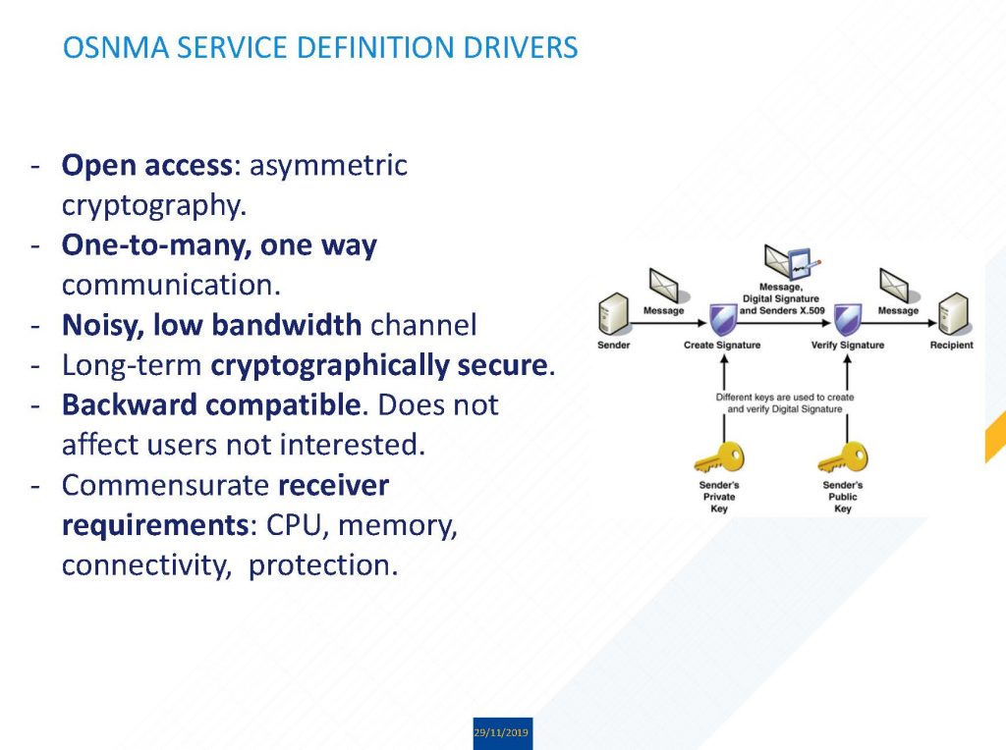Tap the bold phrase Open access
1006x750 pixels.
pyautogui.click(x=145, y=165)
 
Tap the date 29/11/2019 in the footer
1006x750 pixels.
pyautogui.click(x=502, y=733)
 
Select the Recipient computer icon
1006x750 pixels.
pyautogui.click(x=952, y=314)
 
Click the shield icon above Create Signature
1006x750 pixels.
pyautogui.click(x=722, y=320)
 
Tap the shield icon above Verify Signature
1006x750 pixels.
pyautogui.click(x=847, y=320)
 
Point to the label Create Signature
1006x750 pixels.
pyautogui.click(x=722, y=346)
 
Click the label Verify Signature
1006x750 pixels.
pyautogui.click(x=847, y=346)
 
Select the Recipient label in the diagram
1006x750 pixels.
pyautogui.click(x=951, y=346)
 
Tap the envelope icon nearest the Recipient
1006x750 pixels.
pyautogui.click(x=897, y=285)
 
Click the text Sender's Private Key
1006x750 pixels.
pyautogui.click(x=719, y=497)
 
